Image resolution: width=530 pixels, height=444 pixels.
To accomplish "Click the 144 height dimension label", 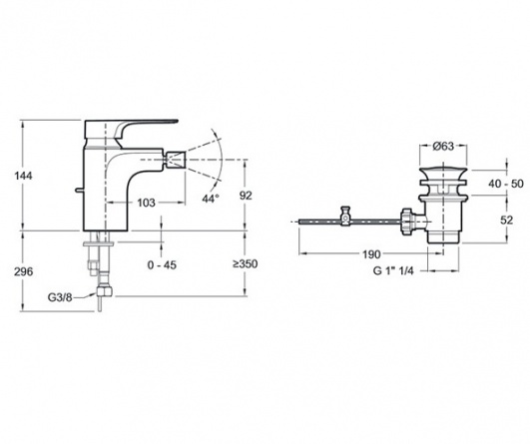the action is [x=23, y=176].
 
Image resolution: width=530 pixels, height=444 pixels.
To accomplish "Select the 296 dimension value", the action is [x=23, y=271].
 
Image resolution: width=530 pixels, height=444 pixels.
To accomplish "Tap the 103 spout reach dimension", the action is [x=147, y=203].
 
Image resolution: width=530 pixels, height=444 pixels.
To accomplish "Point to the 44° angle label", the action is [x=211, y=199].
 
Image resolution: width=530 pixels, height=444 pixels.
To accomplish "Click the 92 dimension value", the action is [x=246, y=196].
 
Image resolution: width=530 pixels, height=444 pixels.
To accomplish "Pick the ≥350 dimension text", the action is [x=246, y=263].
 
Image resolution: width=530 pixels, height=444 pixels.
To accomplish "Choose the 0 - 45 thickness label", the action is [x=162, y=265].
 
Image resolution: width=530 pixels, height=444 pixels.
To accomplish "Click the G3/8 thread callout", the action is [x=60, y=297].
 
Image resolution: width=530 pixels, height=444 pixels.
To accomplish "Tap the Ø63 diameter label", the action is [x=443, y=146].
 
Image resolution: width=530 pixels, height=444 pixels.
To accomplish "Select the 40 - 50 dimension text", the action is [x=506, y=184].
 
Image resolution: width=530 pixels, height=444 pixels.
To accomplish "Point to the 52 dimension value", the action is [x=506, y=221].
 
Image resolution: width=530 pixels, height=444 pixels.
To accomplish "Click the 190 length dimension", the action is [x=371, y=254].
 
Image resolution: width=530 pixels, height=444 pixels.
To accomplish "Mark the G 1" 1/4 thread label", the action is [x=393, y=270].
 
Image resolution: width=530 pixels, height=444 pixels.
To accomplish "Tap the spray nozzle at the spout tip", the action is [x=176, y=160].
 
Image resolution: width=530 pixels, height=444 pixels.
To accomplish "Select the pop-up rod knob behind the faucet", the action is [x=80, y=191].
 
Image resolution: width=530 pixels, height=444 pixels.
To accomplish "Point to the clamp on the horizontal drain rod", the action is [x=345, y=217].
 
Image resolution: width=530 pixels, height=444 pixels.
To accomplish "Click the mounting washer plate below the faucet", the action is [x=99, y=242].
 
